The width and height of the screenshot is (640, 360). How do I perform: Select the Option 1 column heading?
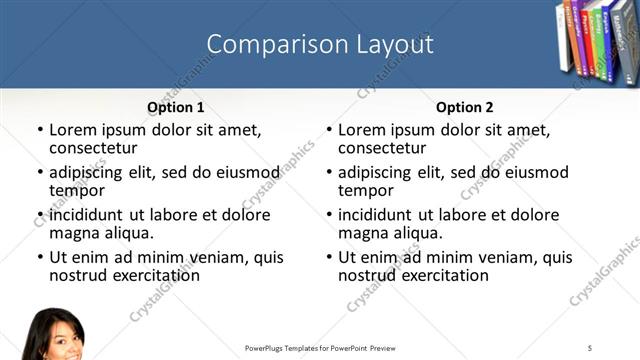tap(176, 106)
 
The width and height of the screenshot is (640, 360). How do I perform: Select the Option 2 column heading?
tap(465, 106)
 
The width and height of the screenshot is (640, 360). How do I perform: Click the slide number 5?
tap(590, 347)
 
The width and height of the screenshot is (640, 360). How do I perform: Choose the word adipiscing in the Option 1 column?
tap(89, 172)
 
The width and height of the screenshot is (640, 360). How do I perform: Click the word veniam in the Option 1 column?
tap(213, 257)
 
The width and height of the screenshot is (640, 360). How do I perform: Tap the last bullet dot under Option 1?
tap(39, 257)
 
